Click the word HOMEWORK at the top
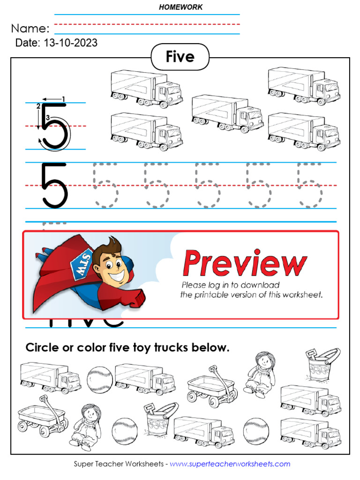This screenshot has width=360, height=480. tap(180, 7)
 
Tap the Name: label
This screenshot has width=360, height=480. tap(30, 28)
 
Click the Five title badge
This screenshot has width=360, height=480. tap(180, 57)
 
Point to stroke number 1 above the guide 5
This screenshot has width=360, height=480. tap(63, 98)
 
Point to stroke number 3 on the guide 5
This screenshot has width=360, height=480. tap(47, 117)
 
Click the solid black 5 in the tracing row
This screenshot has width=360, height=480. tap(54, 185)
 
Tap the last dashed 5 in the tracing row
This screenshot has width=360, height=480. tap(309, 185)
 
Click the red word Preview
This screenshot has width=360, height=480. tap(244, 263)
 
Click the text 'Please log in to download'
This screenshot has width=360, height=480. tap(230, 285)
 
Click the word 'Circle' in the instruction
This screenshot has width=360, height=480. tap(43, 348)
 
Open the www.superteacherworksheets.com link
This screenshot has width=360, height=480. tap(230, 464)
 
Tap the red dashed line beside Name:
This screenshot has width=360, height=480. tap(147, 24)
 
